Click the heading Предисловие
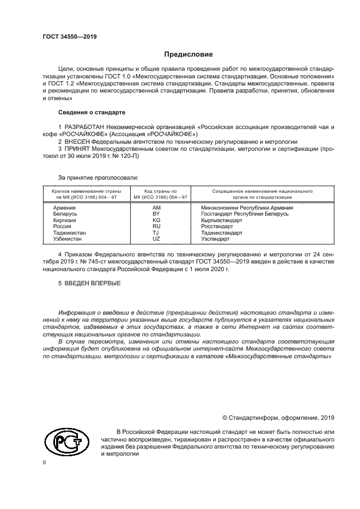coord(185,55)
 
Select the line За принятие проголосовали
coord(98,177)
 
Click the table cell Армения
coord(64,208)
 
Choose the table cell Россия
coord(62,227)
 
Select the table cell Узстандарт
coord(215,240)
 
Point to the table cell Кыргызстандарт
coord(223,221)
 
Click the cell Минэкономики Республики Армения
coord(247,208)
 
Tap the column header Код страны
coord(160,192)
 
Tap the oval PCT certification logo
coord(65,442)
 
